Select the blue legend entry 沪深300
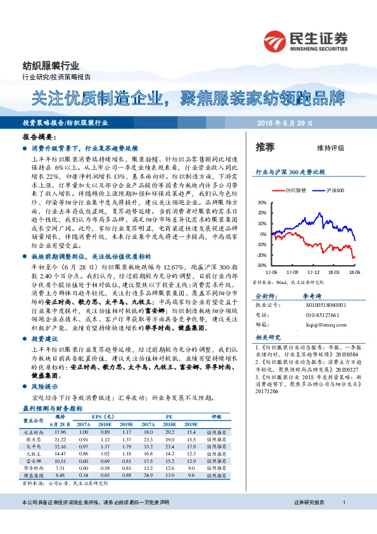335,190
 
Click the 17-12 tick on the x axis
314,270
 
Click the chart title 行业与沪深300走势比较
290,172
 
